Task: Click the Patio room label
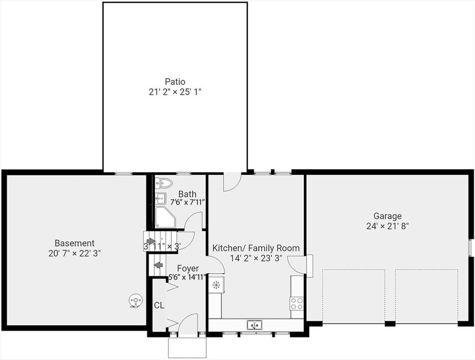175,82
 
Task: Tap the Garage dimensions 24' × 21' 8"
387,226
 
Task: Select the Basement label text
75,243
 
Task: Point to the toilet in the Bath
164,183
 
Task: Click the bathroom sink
160,199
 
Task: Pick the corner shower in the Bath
166,217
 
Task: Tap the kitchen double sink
255,325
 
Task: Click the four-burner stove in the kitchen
297,303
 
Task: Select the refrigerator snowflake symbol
216,285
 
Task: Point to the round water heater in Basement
135,301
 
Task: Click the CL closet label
159,305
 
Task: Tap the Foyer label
188,268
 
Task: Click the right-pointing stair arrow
151,241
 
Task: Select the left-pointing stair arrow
159,265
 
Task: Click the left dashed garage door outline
353,296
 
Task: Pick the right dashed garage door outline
427,296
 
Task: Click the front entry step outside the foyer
187,347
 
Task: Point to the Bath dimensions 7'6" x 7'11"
188,202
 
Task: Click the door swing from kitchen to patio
232,182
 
